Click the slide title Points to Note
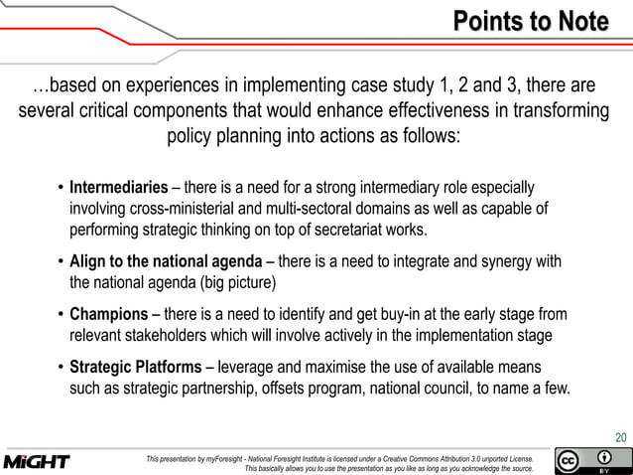531,21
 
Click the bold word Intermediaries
118,188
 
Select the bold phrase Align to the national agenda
172,262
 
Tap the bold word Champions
108,315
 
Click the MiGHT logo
37,462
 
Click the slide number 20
620,436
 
